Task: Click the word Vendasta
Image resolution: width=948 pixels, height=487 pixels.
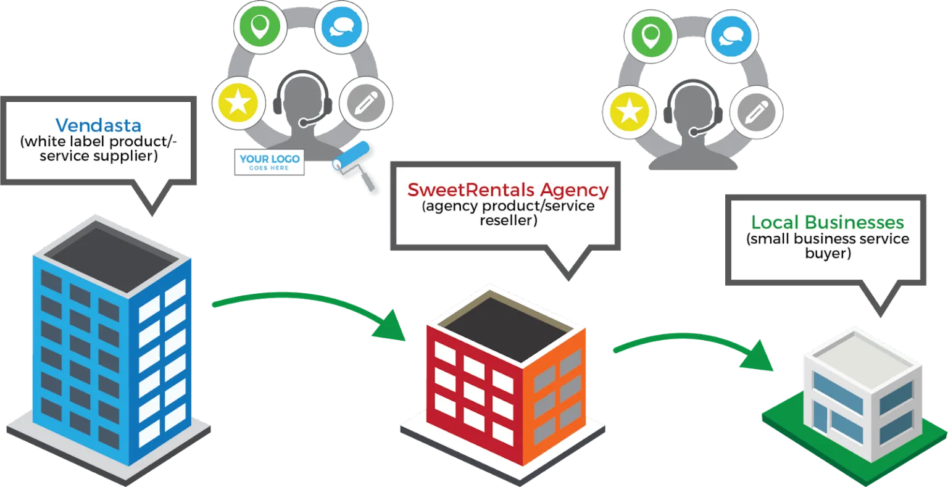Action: pyautogui.click(x=99, y=126)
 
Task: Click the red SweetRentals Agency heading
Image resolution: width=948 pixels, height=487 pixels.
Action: pyautogui.click(x=508, y=189)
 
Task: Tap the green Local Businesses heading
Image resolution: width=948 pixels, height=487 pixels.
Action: pyautogui.click(x=827, y=222)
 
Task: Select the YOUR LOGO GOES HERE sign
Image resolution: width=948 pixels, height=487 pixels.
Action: pyautogui.click(x=270, y=162)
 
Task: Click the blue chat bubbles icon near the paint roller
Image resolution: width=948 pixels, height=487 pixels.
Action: pyautogui.click(x=341, y=28)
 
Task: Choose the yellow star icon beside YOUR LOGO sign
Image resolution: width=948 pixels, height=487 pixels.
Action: pyautogui.click(x=238, y=102)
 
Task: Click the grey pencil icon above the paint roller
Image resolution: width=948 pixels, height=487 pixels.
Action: pyautogui.click(x=366, y=102)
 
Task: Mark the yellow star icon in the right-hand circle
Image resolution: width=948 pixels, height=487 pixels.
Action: pyautogui.click(x=629, y=112)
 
